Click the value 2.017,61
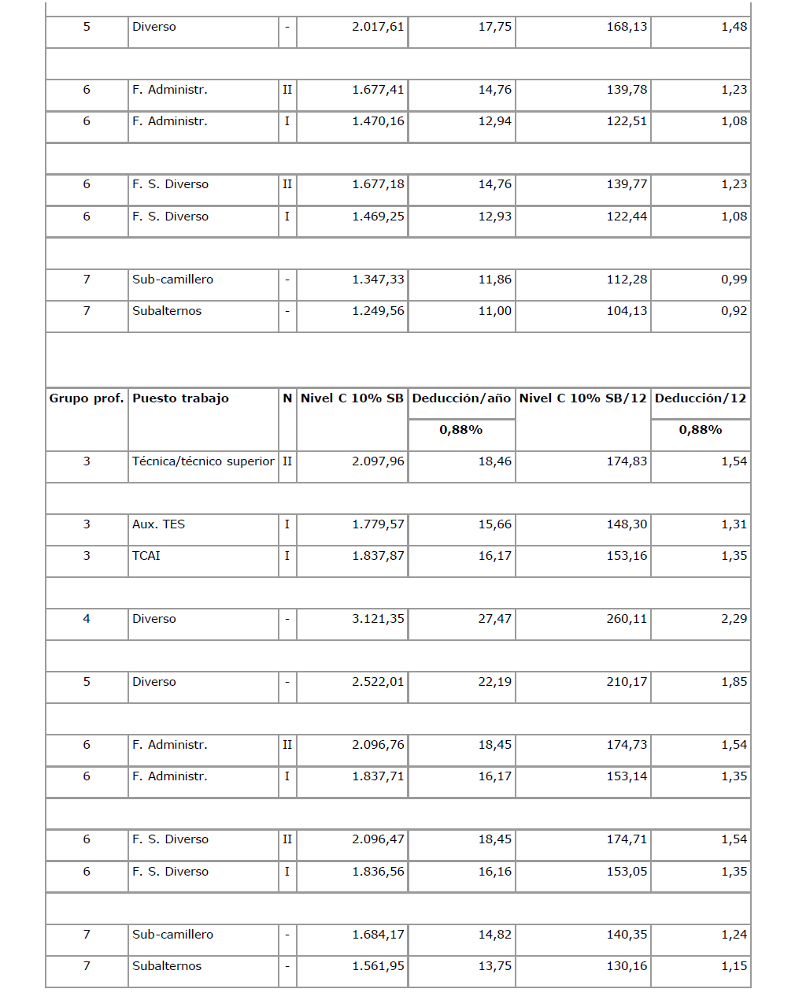click(378, 27)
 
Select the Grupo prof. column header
click(87, 398)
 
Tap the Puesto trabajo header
click(180, 398)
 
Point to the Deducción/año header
click(461, 398)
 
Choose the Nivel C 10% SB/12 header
click(582, 398)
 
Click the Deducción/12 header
click(701, 398)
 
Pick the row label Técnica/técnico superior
click(203, 461)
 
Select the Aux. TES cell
click(158, 524)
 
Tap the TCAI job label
click(146, 556)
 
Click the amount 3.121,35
click(378, 619)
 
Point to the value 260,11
click(627, 619)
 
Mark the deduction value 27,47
click(495, 619)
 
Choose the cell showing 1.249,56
click(378, 311)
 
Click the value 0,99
click(734, 280)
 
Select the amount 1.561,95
click(378, 966)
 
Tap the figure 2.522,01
click(378, 682)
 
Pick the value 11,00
click(495, 311)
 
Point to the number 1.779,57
click(378, 524)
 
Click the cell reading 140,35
click(627, 935)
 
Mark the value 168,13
click(627, 27)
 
